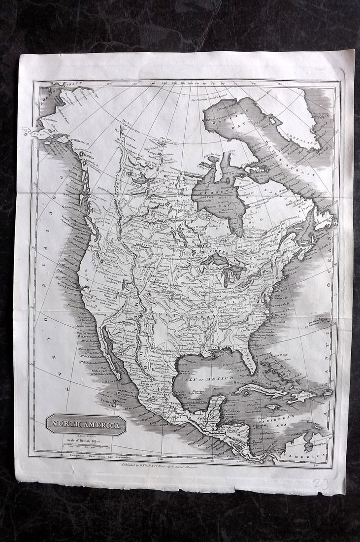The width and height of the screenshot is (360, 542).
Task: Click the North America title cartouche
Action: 86,424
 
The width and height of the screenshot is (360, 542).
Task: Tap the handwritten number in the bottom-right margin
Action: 322,483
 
